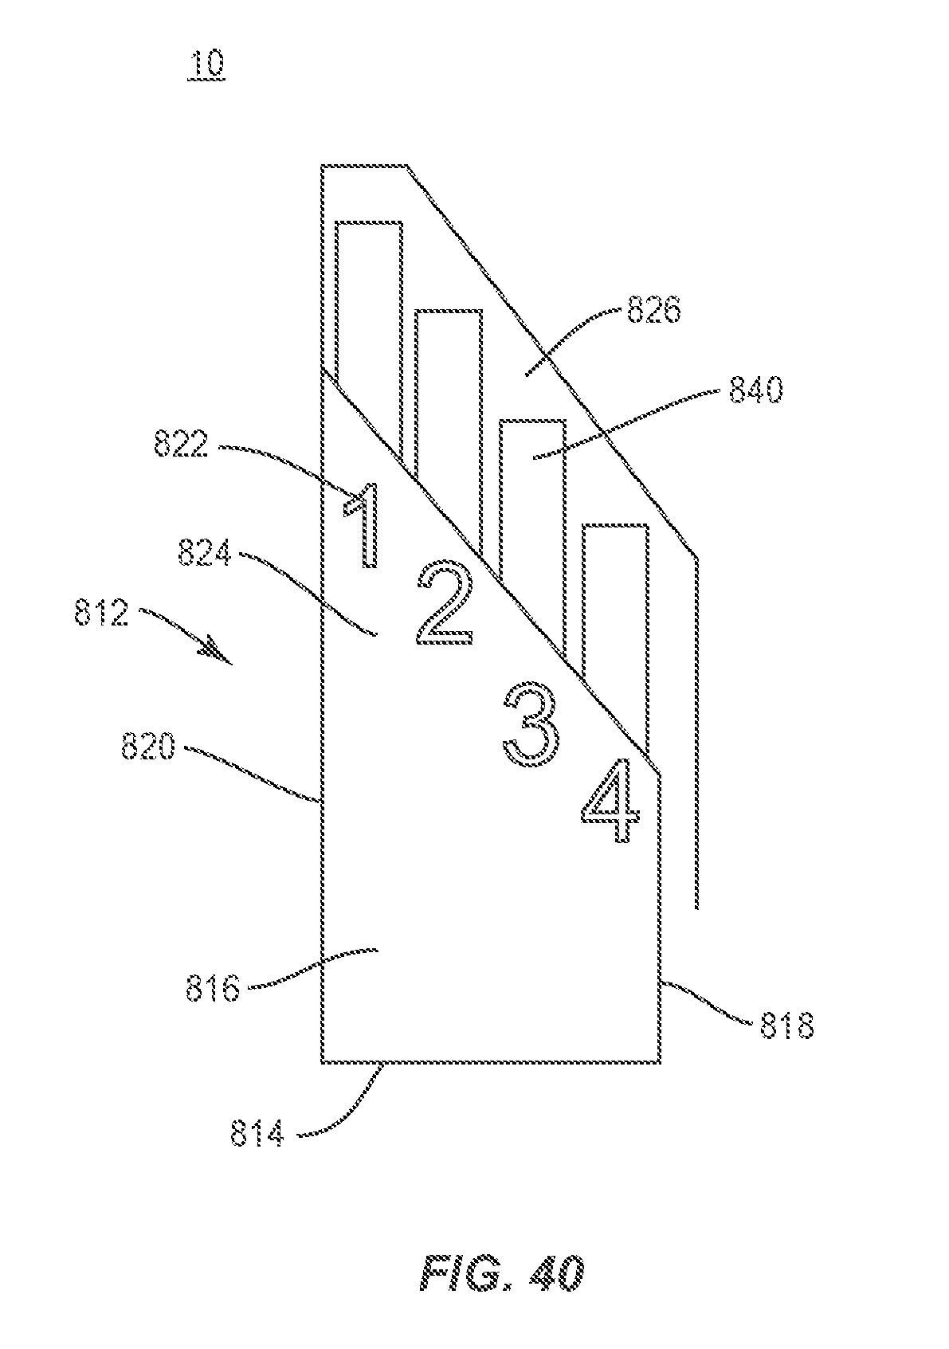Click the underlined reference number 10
point(206,65)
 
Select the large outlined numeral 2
point(445,603)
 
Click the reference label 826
point(654,310)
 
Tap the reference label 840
point(755,390)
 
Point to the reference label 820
point(147,747)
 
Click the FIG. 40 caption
point(503,1273)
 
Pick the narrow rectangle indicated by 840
point(532,494)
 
